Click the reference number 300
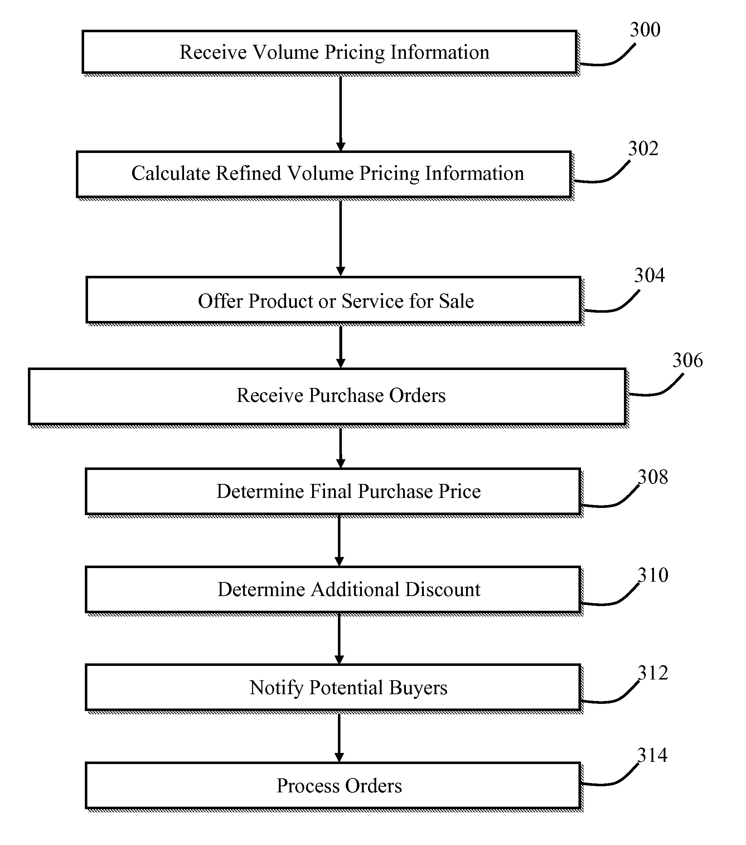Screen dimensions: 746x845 click(x=645, y=30)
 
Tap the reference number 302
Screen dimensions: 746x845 click(x=643, y=148)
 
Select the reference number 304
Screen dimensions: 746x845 click(x=649, y=275)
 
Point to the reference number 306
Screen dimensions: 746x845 click(x=687, y=360)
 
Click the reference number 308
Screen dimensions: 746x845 click(x=653, y=477)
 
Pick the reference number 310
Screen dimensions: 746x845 click(x=653, y=575)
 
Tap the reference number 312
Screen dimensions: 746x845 click(x=653, y=673)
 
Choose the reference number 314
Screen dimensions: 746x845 click(x=652, y=755)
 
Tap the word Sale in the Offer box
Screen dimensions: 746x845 click(x=456, y=301)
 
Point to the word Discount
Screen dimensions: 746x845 click(x=443, y=590)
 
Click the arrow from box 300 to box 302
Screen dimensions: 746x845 click(x=341, y=114)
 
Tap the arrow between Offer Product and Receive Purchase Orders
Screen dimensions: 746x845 click(x=341, y=347)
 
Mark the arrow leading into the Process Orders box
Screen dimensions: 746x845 click(x=339, y=738)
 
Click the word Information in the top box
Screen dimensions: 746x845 click(x=440, y=53)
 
